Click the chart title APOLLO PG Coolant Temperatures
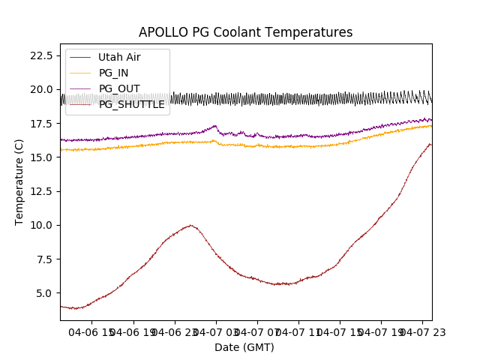245,33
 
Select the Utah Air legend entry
118,57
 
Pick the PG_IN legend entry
113,73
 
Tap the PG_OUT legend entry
118,88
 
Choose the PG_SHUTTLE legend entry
131,104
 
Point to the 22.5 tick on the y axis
39,55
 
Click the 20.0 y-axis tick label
39,89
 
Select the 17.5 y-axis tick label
39,123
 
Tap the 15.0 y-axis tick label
39,157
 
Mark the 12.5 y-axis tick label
39,191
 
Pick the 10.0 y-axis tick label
39,225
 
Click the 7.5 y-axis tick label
42,259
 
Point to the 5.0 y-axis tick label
42,293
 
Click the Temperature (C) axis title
19,181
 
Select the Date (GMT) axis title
244,347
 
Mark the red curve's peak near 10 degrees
191,225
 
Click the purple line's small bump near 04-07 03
215,126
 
